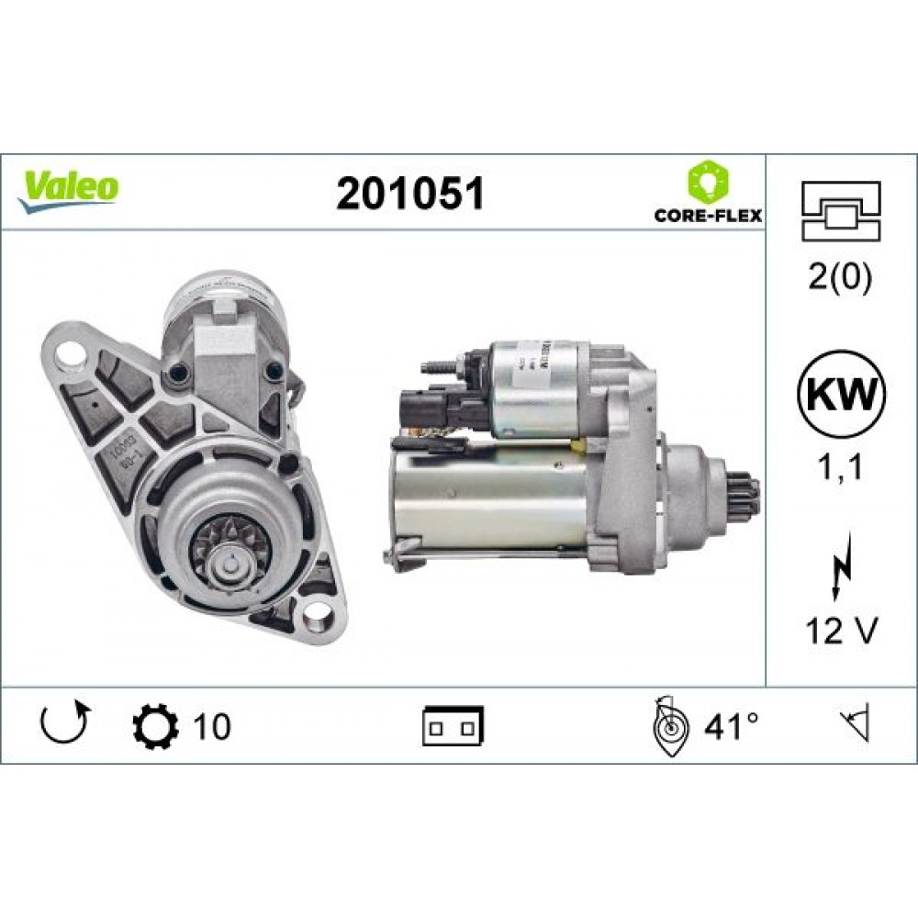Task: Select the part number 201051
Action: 409,194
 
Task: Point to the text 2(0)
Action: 842,276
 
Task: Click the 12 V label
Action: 842,632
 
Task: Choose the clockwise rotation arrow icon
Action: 64,723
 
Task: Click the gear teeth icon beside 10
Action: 151,726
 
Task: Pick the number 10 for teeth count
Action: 211,726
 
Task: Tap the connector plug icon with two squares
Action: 453,726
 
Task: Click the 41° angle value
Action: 732,726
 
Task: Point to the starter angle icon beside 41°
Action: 670,726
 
